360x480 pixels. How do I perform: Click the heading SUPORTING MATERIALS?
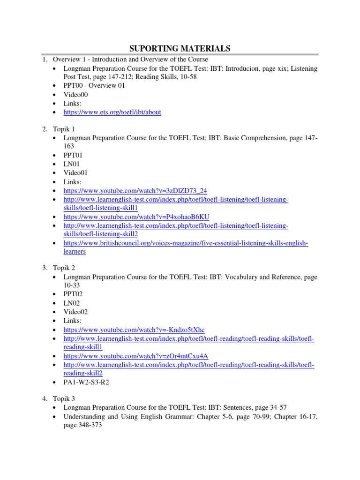tap(180, 48)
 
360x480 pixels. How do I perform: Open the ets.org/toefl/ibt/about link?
tap(112, 112)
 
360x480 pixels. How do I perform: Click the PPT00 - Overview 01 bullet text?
tap(88, 86)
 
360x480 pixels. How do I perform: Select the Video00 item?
tap(75, 95)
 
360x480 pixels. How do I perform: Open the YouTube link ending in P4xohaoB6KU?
tap(136, 217)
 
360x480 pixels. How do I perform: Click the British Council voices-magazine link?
tap(186, 243)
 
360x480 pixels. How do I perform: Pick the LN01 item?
tap(72, 164)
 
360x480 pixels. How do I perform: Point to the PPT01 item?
tap(74, 155)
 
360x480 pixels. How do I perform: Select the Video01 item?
tap(75, 172)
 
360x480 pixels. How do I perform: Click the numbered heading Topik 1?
tap(64, 128)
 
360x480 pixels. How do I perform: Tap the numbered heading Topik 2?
tap(64, 268)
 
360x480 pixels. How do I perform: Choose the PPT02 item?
tap(74, 294)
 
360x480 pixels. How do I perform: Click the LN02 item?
tap(72, 303)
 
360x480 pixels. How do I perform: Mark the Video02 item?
tap(75, 312)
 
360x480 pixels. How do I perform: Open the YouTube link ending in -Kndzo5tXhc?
tap(134, 330)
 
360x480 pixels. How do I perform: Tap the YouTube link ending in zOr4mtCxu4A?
tap(136, 356)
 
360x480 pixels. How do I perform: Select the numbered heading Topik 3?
tap(64, 399)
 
